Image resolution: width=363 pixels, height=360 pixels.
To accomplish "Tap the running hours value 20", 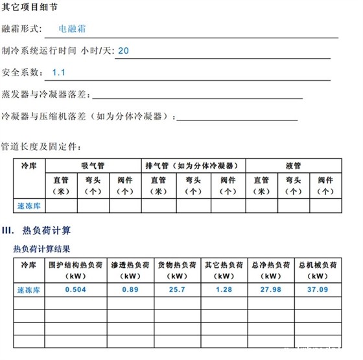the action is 124,50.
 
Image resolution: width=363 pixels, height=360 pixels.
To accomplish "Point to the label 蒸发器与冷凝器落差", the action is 45,95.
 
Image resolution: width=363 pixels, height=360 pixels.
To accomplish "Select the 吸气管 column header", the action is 93,165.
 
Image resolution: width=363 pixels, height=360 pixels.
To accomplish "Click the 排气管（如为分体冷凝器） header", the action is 193,165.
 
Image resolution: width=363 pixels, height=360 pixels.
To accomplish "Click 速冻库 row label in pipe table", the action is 29,206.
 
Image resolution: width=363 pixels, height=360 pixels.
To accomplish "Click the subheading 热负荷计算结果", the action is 41,248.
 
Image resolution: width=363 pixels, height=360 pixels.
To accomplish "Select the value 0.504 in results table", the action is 76,289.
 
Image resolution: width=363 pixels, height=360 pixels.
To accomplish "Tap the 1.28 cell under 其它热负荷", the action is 222,289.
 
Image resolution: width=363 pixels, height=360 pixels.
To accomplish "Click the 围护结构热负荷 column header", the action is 76,270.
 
